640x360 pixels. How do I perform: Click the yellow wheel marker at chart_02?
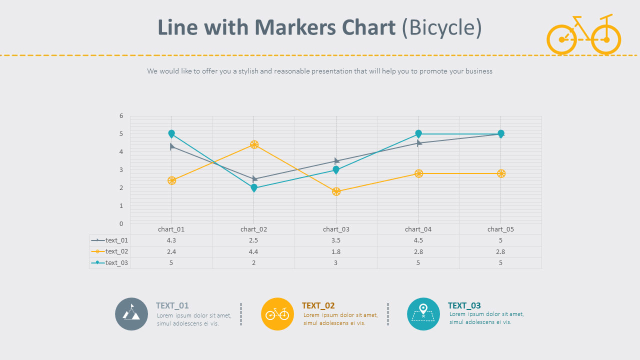(x=254, y=145)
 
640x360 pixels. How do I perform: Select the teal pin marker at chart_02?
(x=254, y=188)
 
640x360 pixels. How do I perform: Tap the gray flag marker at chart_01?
(x=172, y=146)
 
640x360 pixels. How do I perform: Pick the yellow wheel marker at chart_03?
(x=336, y=191)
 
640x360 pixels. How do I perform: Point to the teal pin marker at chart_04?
(x=418, y=134)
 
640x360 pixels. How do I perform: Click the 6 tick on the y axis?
(x=121, y=116)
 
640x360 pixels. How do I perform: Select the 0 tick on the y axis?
(x=121, y=223)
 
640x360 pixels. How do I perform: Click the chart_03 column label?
(x=336, y=229)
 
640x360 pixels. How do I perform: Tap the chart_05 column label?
(x=500, y=229)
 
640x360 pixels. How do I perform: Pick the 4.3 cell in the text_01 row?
(x=171, y=240)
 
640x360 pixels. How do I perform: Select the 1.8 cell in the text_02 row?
(x=336, y=252)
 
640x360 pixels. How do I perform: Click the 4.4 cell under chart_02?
(x=253, y=252)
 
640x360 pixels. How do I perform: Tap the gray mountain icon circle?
(x=131, y=314)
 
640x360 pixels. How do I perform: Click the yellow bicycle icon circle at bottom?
(x=277, y=314)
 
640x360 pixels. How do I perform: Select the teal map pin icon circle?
(x=423, y=314)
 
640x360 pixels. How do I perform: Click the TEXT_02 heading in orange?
(x=318, y=305)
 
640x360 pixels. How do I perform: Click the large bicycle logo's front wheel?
(x=606, y=39)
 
